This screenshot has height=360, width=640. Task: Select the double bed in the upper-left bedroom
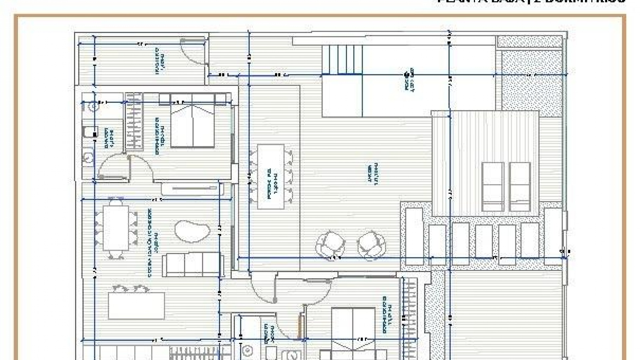192,125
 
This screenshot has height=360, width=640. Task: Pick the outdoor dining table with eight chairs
271,177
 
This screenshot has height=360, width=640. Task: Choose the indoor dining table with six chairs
116,228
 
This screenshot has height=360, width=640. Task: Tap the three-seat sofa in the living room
193,265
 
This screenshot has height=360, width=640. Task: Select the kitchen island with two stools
136,305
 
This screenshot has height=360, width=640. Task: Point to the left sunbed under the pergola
492,187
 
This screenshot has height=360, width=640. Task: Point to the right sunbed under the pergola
520,187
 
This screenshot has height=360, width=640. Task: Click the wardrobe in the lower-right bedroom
410,310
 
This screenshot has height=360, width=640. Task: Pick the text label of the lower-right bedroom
387,315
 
